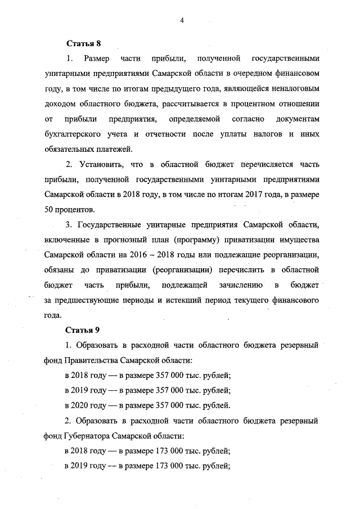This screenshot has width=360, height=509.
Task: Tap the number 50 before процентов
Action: pyautogui.click(x=49, y=209)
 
